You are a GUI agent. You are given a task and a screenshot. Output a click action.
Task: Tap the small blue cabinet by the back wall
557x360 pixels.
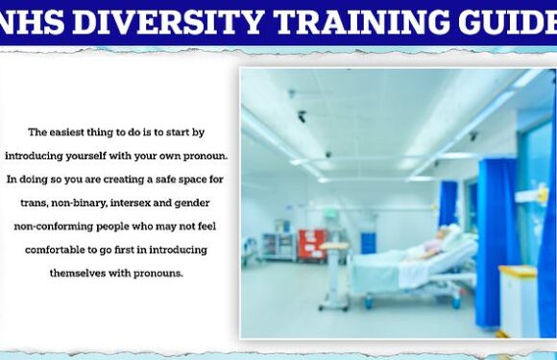click(x=368, y=243)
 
